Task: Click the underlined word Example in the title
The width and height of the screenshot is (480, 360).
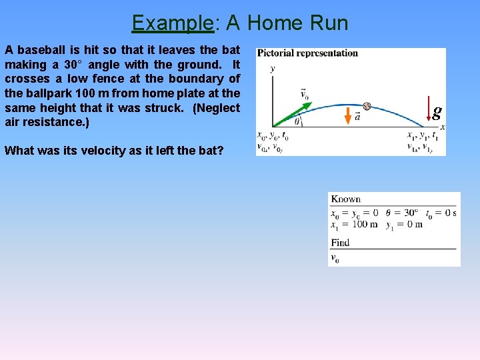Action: pyautogui.click(x=172, y=23)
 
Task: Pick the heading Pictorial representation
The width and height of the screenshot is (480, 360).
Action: pyautogui.click(x=307, y=53)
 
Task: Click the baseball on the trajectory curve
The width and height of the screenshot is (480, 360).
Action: pyautogui.click(x=367, y=106)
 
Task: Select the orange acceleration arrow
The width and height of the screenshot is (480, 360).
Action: pyautogui.click(x=347, y=115)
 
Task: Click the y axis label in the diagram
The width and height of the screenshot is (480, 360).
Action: pyautogui.click(x=272, y=68)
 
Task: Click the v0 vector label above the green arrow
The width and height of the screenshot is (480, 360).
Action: pyautogui.click(x=304, y=94)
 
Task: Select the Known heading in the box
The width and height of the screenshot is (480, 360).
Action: pyautogui.click(x=345, y=199)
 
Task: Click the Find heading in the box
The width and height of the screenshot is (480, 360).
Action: pyautogui.click(x=340, y=243)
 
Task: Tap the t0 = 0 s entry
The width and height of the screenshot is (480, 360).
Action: pyautogui.click(x=441, y=213)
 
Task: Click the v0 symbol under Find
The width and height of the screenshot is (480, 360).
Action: pyautogui.click(x=335, y=258)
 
